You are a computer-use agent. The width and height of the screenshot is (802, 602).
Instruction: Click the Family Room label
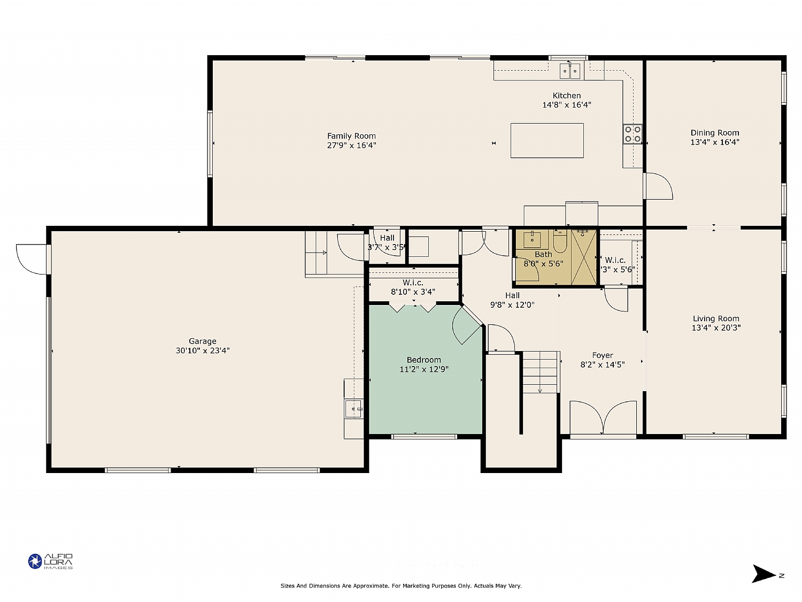(351, 136)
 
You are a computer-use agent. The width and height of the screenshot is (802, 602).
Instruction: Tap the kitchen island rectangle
(546, 140)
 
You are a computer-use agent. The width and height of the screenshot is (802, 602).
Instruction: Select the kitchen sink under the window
(569, 70)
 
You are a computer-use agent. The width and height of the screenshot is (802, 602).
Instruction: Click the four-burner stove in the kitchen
(633, 134)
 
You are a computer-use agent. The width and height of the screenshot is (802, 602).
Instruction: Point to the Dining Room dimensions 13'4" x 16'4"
(714, 142)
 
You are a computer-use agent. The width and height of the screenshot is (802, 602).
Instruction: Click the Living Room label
(716, 318)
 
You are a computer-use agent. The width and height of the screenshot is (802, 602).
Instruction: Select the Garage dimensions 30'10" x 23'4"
(203, 350)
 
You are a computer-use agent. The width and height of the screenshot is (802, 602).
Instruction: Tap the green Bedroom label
(423, 360)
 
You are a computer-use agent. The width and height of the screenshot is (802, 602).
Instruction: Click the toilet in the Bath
(560, 241)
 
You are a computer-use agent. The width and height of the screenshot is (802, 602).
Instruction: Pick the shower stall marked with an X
(583, 257)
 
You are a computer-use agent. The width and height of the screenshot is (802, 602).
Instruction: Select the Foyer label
(603, 355)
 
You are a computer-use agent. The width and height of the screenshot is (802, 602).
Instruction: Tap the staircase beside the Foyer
(541, 372)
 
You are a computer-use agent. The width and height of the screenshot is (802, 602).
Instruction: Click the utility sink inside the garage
(353, 408)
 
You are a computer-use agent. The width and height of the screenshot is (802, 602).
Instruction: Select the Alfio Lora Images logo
(50, 561)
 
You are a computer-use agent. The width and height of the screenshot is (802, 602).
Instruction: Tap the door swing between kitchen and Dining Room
(659, 186)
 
